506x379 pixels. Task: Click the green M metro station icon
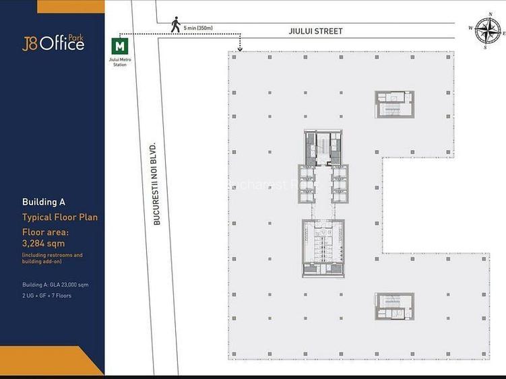pyautogui.click(x=119, y=46)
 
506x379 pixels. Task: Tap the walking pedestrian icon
pyautogui.click(x=175, y=25)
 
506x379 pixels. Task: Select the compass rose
pyautogui.click(x=487, y=31)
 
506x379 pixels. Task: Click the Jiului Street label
pyautogui.click(x=316, y=31)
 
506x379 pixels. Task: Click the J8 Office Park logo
pyautogui.click(x=53, y=43)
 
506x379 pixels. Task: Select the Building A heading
pyautogui.click(x=43, y=202)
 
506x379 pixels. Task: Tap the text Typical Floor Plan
pyautogui.click(x=60, y=217)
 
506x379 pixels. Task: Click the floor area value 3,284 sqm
pyautogui.click(x=44, y=243)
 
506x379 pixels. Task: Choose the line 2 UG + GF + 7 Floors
pyautogui.click(x=46, y=296)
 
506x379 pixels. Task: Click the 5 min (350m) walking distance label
pyautogui.click(x=197, y=28)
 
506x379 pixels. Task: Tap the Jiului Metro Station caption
pyautogui.click(x=119, y=63)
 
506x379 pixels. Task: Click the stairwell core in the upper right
pyautogui.click(x=394, y=104)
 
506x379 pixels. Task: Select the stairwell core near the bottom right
pyautogui.click(x=394, y=306)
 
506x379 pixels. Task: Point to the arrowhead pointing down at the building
pyautogui.click(x=240, y=48)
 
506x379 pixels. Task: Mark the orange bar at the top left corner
pyautogui.click(x=71, y=6)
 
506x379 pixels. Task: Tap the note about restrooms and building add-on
pyautogui.click(x=52, y=259)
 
